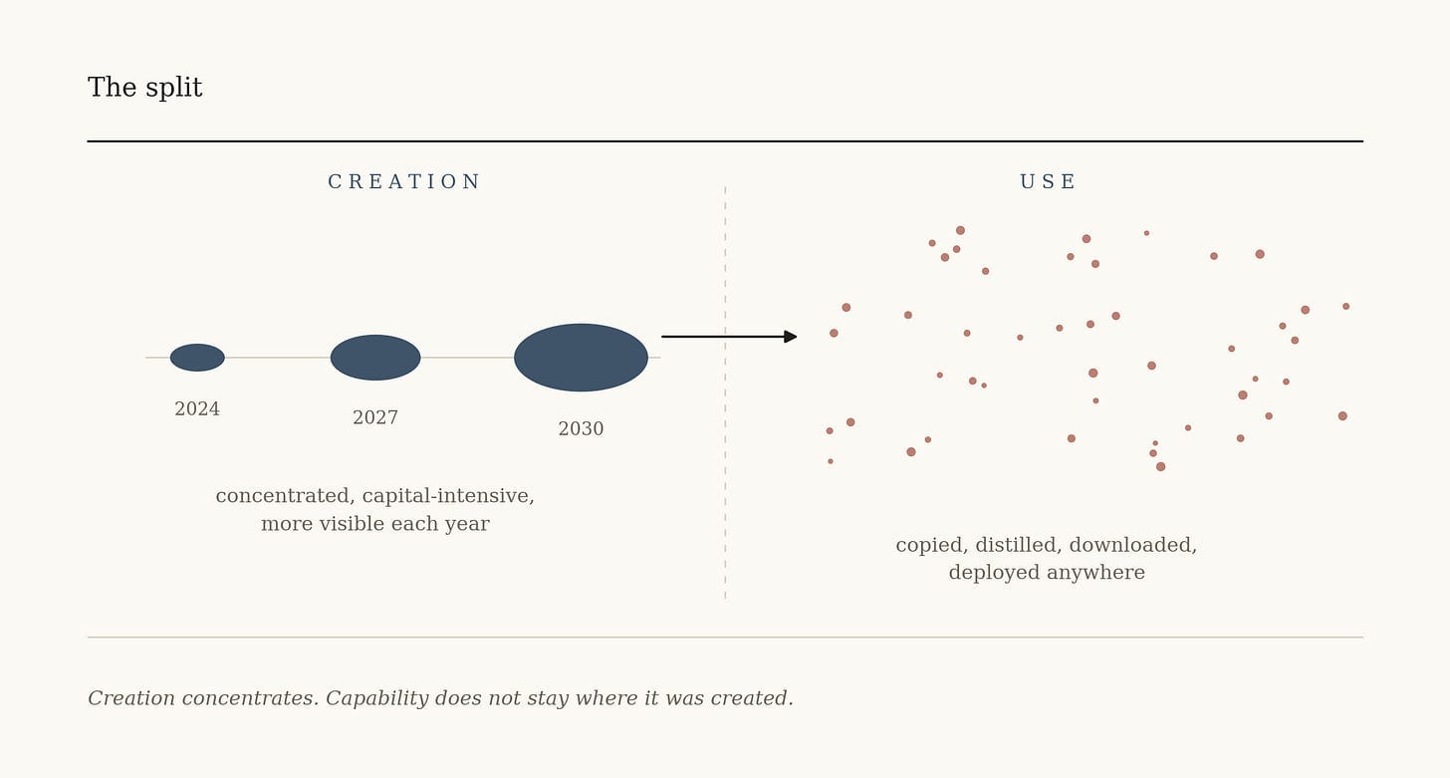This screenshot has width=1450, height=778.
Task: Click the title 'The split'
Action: [x=145, y=88]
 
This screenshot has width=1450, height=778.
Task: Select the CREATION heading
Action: [x=404, y=182]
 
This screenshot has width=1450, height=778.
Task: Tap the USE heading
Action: [x=1048, y=182]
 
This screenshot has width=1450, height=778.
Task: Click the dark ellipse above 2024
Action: [x=197, y=358]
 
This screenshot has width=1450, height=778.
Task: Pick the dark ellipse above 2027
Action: [x=375, y=358]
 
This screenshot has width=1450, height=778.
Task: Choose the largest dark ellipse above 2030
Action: [x=581, y=358]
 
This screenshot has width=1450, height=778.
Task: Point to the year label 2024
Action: [x=197, y=409]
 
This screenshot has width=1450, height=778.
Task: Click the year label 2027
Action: [x=375, y=417]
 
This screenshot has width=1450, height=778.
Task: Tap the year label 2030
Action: [x=581, y=428]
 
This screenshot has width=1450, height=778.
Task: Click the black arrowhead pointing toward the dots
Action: [x=791, y=337]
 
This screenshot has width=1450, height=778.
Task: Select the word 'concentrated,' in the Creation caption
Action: [x=286, y=496]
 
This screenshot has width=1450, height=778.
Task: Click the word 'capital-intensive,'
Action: [x=448, y=496]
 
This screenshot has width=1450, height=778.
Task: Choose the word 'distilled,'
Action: [x=1019, y=545]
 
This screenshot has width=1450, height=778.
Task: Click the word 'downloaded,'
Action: [x=1133, y=545]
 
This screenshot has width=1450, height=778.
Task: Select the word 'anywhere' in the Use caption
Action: [x=1095, y=573]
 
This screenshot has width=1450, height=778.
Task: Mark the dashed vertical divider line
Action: [x=725, y=392]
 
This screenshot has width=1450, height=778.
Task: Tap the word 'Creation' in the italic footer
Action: [x=131, y=698]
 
